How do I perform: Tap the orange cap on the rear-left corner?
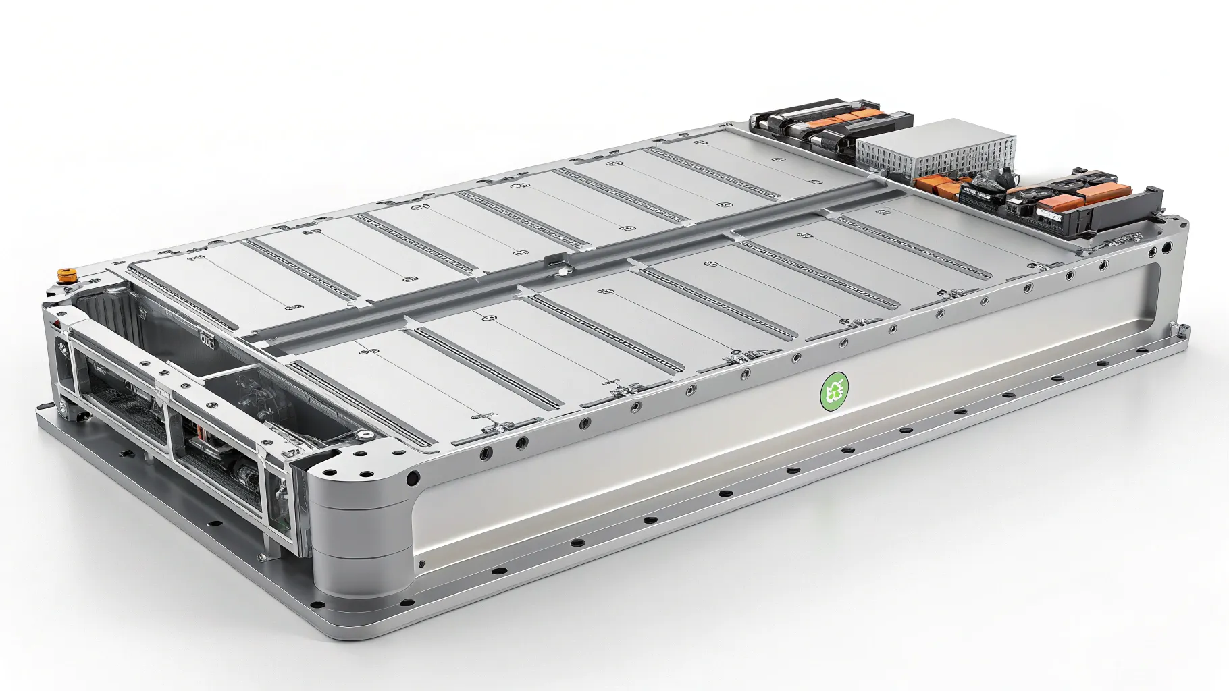click(66, 275)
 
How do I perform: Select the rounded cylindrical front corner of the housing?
click(351, 533)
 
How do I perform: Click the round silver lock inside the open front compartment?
click(365, 435)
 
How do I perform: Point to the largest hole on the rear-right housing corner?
click(1166, 249)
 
